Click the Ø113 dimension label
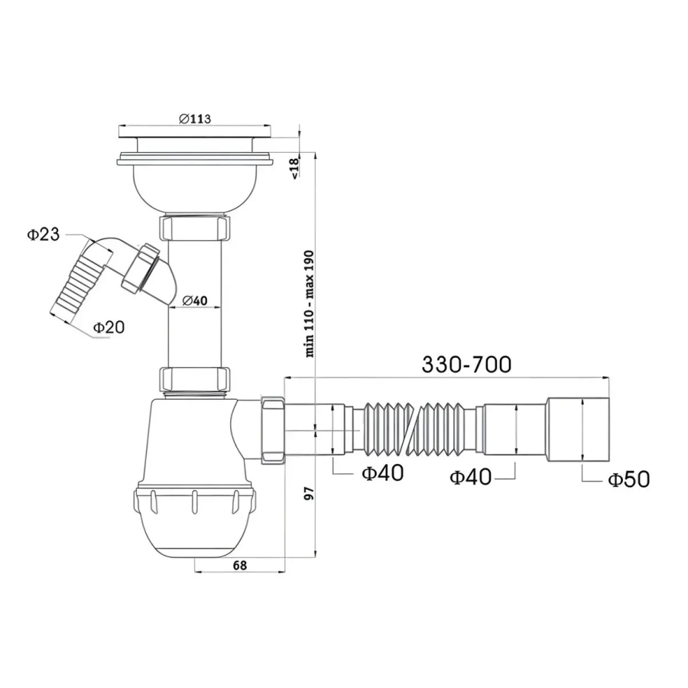[195, 118]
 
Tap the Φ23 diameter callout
[44, 235]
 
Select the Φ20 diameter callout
[109, 327]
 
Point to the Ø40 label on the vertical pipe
[195, 300]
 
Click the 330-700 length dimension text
[466, 364]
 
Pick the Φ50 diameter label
[629, 479]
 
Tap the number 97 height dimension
[310, 494]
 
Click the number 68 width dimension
[239, 565]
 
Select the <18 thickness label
[294, 168]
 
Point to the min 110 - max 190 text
[310, 303]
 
